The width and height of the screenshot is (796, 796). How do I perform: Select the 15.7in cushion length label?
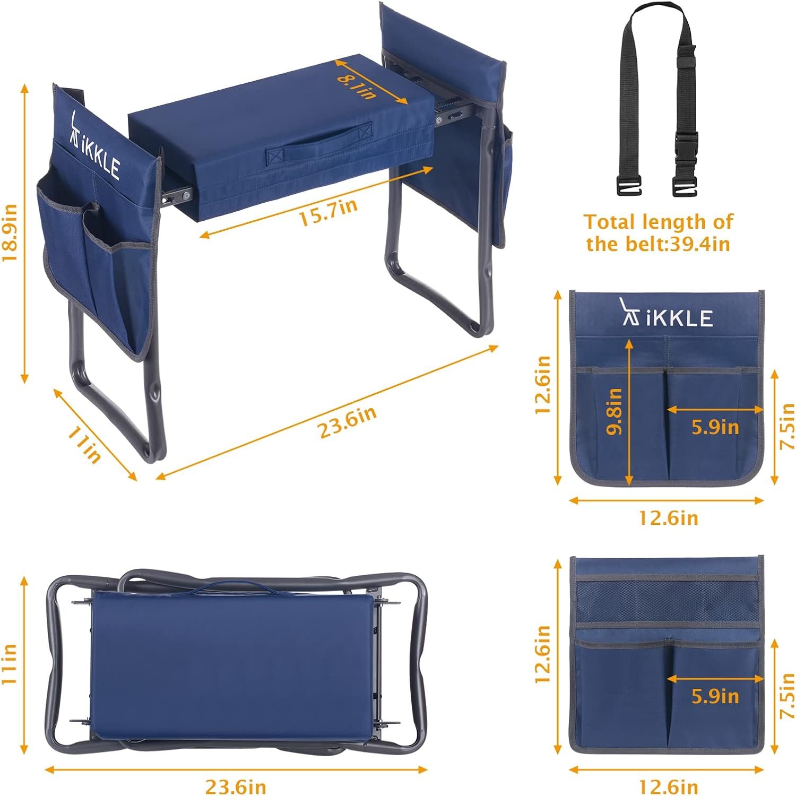pos(329,212)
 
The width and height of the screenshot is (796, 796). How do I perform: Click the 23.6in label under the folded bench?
pos(236,786)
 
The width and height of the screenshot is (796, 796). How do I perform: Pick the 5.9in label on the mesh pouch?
pos(715,696)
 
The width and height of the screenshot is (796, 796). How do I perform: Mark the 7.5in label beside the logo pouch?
pos(788,426)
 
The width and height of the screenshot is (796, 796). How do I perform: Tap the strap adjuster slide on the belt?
pos(688,63)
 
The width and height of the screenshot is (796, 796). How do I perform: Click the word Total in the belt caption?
pos(610,221)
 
